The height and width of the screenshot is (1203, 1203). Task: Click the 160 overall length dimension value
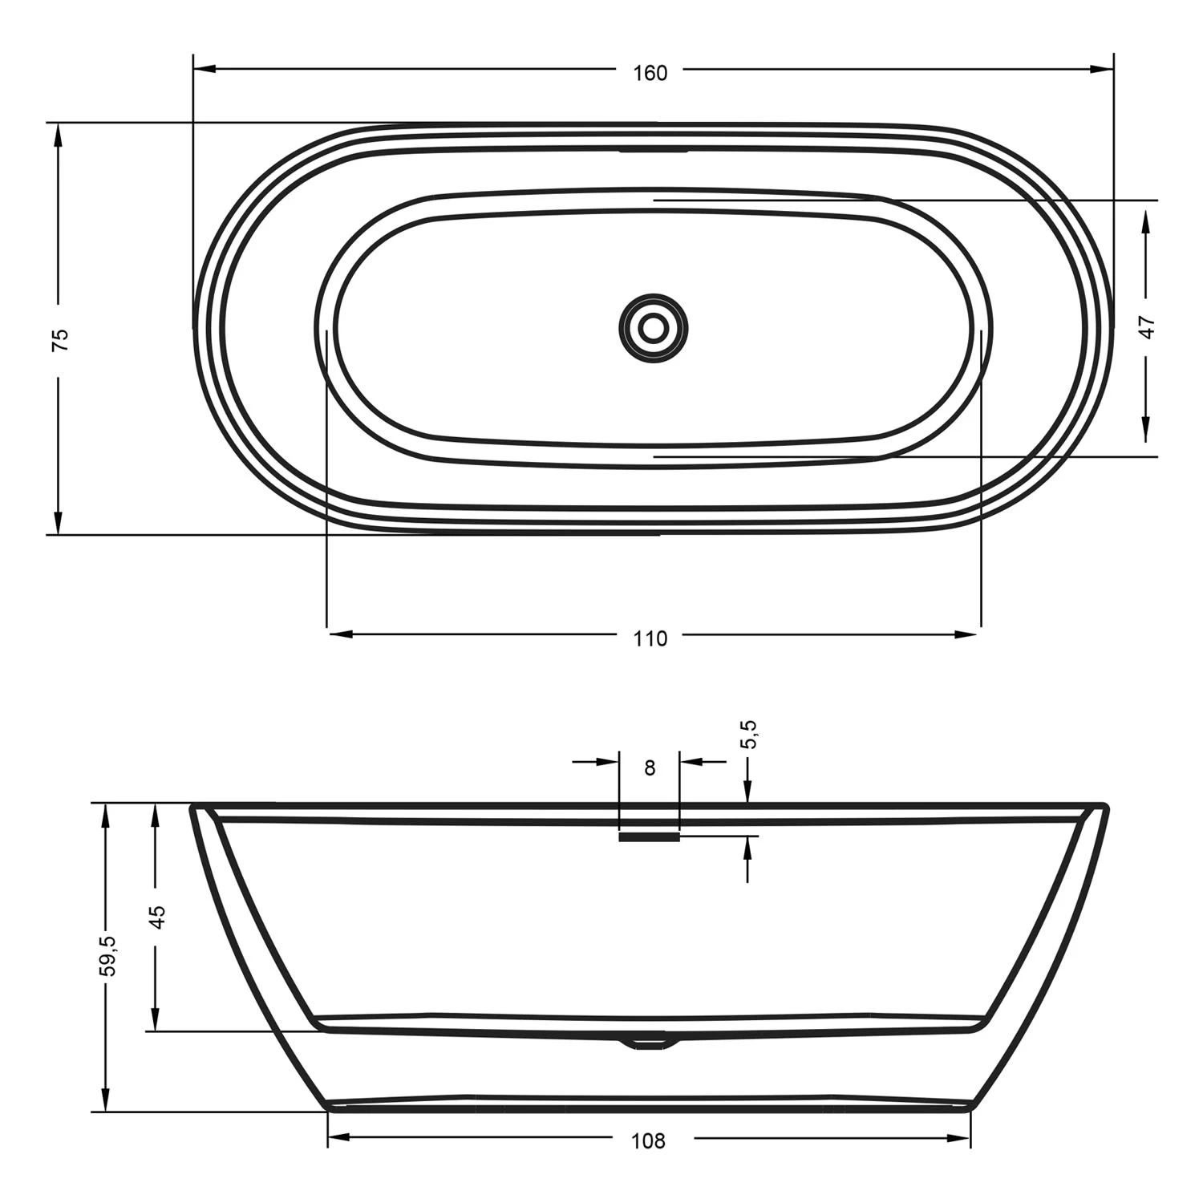(x=650, y=73)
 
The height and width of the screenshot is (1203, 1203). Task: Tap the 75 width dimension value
(x=60, y=339)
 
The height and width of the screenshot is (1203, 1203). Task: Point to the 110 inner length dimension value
(x=650, y=638)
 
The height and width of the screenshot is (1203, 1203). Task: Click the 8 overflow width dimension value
(x=650, y=768)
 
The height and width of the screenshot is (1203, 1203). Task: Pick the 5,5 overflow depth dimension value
(x=749, y=734)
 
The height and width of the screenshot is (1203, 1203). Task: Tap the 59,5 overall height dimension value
(x=107, y=956)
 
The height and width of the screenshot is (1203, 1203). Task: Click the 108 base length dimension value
(x=648, y=1140)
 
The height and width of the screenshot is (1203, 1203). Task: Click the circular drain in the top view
(x=654, y=327)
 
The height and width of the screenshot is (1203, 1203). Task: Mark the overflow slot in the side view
(x=649, y=836)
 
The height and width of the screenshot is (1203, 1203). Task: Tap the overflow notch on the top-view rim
(x=653, y=149)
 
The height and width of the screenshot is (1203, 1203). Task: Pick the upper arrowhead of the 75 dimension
(x=58, y=136)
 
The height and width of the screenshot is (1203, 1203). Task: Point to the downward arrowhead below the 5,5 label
(x=747, y=792)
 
